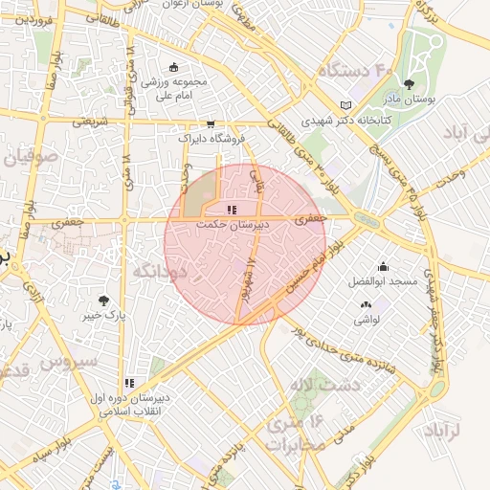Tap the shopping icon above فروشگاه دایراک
[211, 124]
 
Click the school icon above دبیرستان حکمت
[231, 210]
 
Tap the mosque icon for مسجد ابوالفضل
[384, 266]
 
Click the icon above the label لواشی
[366, 304]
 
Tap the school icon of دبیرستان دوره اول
[129, 384]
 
